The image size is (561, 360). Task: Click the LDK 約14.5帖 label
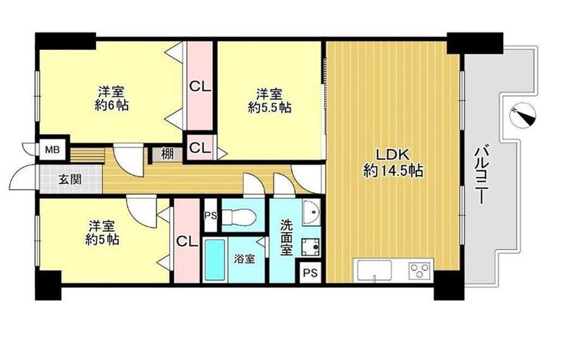[393, 162]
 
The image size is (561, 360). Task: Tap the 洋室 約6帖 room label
[111, 99]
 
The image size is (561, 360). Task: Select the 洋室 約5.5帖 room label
[268, 101]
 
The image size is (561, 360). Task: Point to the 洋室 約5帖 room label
[102, 232]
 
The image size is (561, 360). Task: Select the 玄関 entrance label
[67, 180]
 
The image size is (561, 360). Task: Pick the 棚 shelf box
[166, 154]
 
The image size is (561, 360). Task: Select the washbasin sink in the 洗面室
[312, 212]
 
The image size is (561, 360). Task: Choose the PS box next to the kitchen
[310, 272]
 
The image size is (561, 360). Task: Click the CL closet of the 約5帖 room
[187, 242]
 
